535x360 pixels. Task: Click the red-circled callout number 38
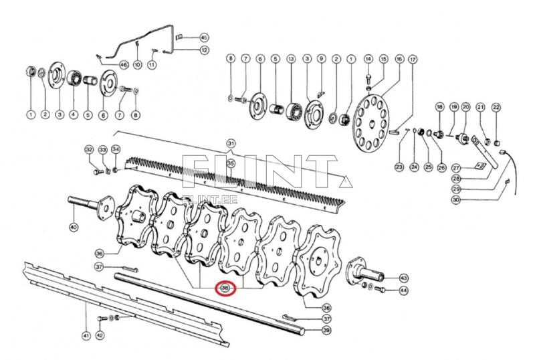(225, 288)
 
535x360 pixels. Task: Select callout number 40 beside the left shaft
(74, 228)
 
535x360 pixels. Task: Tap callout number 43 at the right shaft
(403, 277)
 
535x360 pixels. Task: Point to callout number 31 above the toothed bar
(231, 144)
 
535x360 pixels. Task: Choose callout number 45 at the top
(204, 37)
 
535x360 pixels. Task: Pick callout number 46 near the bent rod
(123, 64)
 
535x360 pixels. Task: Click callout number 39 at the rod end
(326, 330)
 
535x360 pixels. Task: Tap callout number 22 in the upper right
(496, 107)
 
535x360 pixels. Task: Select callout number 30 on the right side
(456, 199)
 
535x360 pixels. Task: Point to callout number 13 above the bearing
(291, 60)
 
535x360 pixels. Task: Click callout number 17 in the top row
(413, 60)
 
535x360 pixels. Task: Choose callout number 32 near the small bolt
(89, 149)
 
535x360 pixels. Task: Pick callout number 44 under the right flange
(403, 291)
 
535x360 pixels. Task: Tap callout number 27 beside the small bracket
(456, 167)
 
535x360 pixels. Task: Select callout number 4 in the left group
(73, 115)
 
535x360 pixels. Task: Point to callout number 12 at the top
(204, 50)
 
